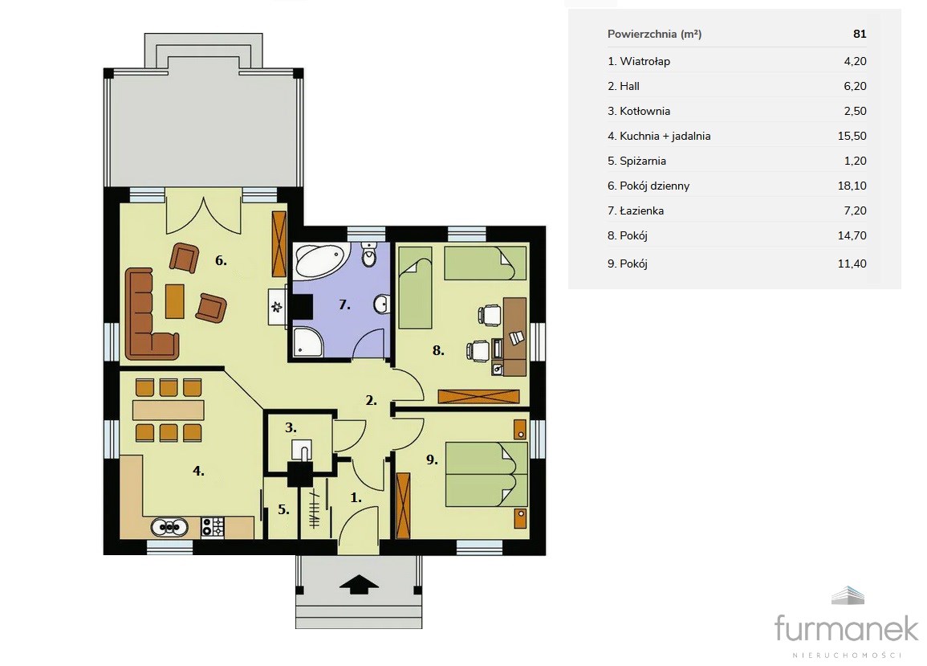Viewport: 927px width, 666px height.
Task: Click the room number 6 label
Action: coord(221,260)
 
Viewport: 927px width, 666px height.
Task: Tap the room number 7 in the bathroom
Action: coord(344,304)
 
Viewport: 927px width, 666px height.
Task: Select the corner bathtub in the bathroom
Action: coord(319,261)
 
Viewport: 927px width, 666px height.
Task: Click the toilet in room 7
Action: coord(369,255)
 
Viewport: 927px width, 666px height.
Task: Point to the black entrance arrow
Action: coord(359,584)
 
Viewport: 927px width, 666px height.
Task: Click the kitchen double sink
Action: coord(169,526)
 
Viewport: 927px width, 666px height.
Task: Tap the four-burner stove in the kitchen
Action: coord(213,526)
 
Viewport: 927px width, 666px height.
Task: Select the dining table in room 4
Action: coord(169,410)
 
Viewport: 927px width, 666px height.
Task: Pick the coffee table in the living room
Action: coord(174,300)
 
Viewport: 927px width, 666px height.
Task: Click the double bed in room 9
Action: coord(486,474)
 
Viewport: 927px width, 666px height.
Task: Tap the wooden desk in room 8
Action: coord(514,337)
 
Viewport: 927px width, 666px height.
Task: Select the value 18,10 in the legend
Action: coord(852,186)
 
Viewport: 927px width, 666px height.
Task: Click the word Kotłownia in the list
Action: coord(645,112)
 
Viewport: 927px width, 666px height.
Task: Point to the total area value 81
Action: coord(860,34)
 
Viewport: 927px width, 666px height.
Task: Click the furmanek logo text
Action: coord(846,628)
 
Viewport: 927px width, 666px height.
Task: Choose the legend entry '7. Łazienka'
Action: coord(636,210)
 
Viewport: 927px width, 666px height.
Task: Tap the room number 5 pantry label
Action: coord(283,509)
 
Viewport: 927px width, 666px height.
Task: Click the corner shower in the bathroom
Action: coord(308,341)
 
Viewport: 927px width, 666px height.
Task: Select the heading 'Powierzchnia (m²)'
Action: coord(654,34)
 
